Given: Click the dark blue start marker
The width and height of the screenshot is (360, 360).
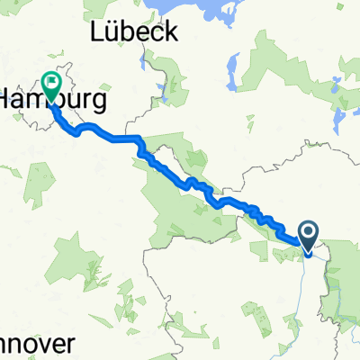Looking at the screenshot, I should (x=307, y=238).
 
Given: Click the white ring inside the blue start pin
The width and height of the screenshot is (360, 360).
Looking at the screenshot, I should (x=307, y=234).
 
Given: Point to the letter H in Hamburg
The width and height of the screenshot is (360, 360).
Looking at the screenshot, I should (x=7, y=97).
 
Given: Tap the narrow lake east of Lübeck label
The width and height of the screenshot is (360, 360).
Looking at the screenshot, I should (x=231, y=68).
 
